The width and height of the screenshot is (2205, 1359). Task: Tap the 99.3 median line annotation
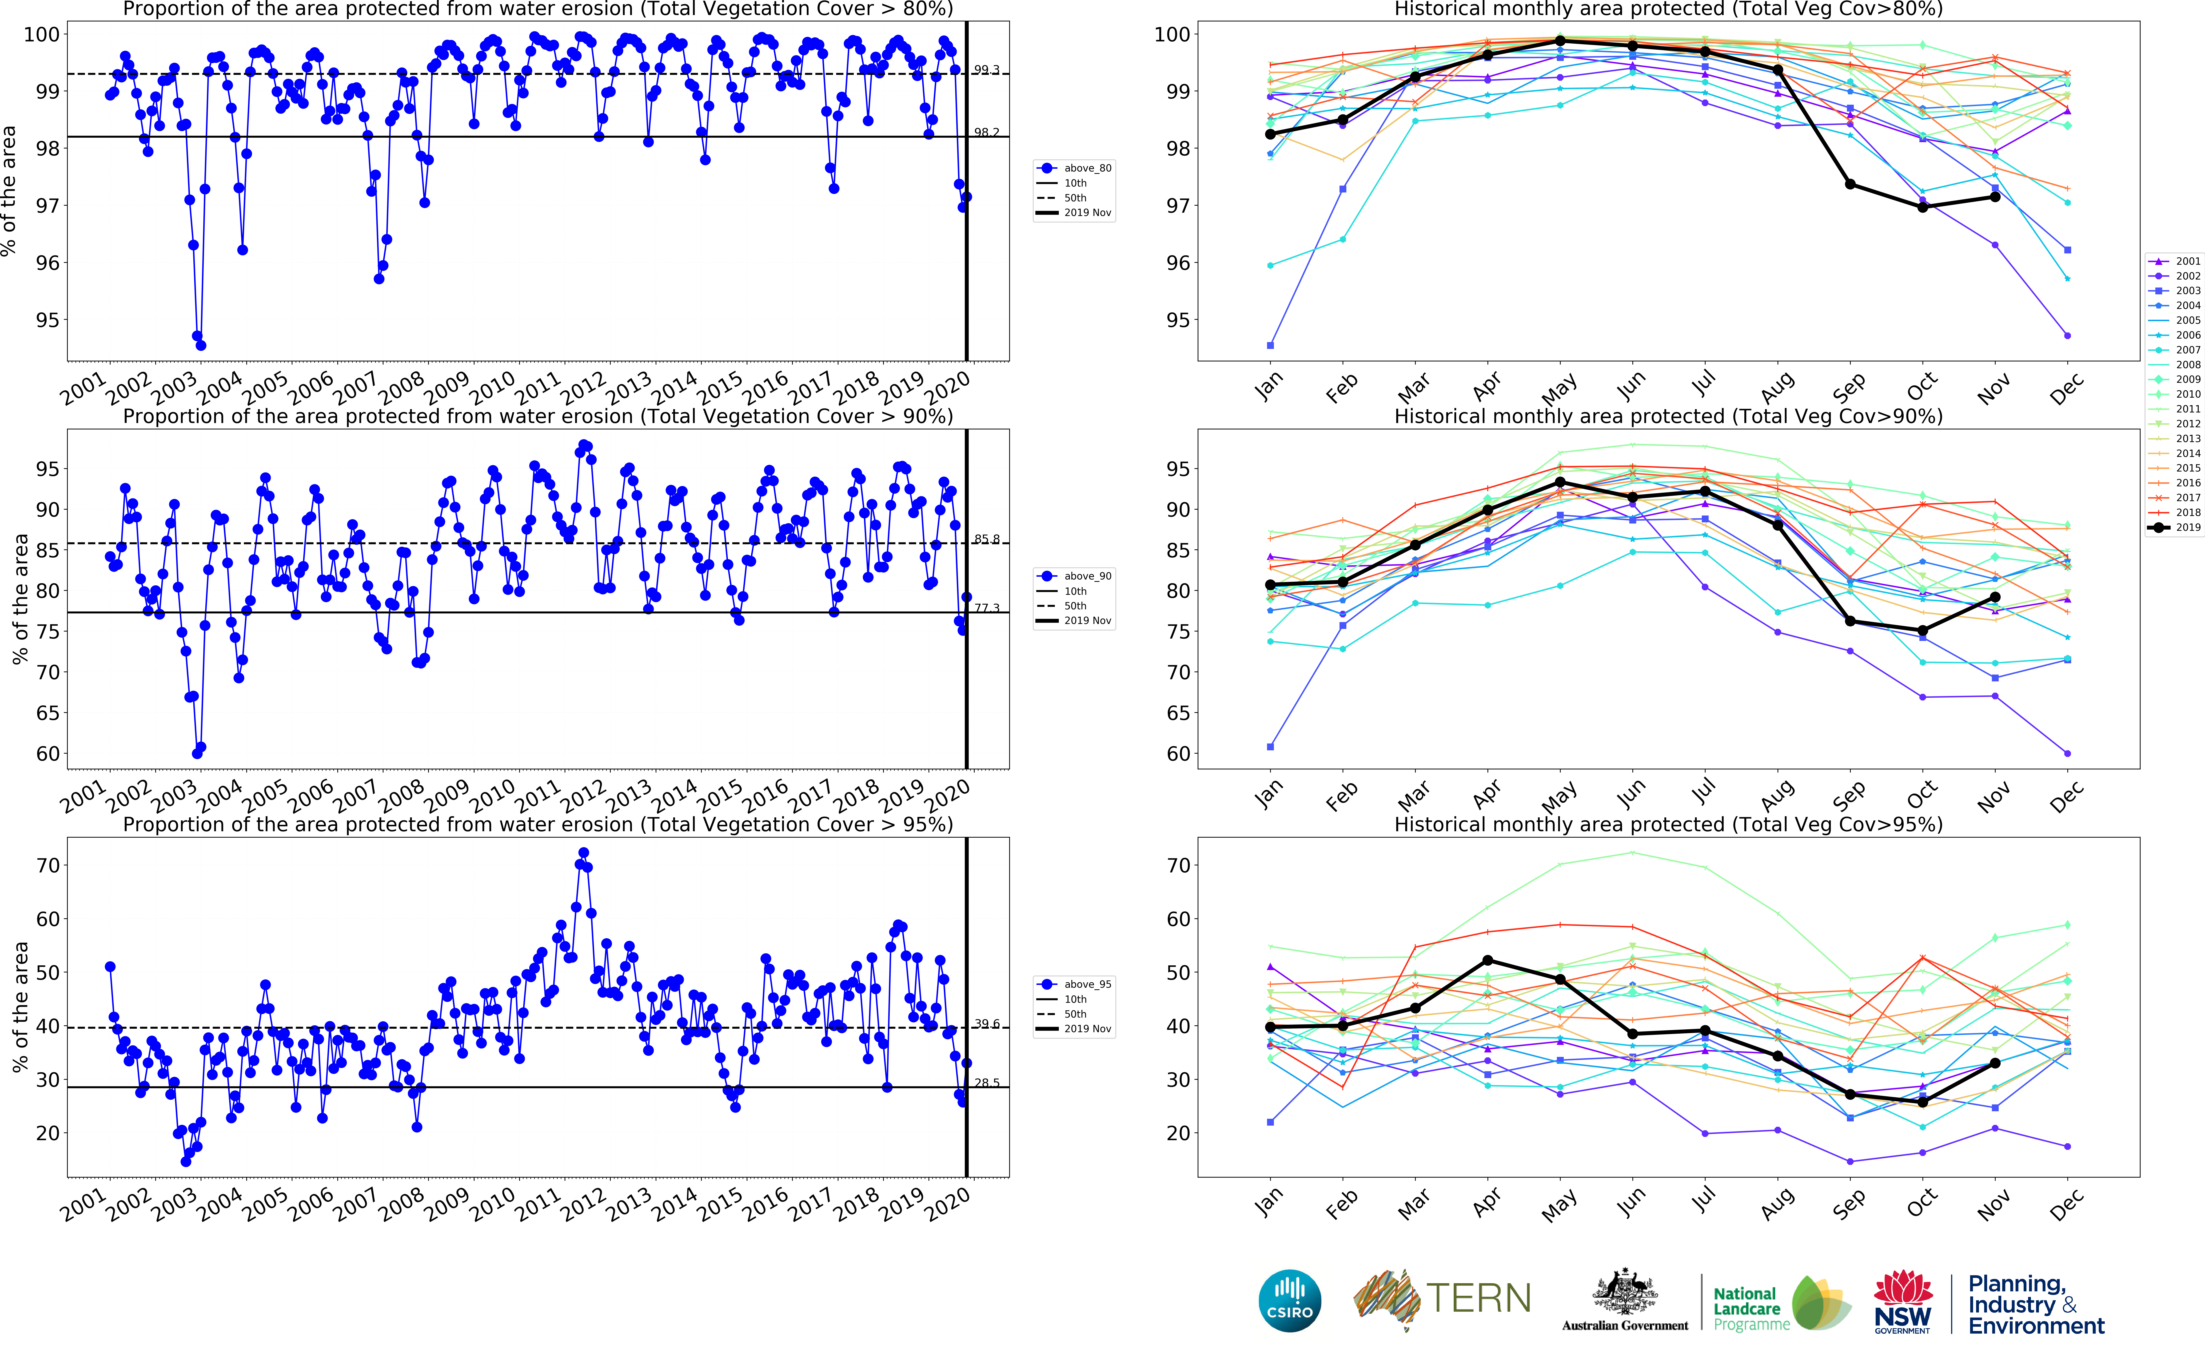987,70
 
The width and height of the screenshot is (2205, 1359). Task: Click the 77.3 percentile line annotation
987,608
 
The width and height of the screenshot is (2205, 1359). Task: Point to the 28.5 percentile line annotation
987,1083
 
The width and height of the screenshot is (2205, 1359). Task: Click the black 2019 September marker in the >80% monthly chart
1850,184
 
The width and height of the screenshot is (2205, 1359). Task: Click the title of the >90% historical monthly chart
1668,416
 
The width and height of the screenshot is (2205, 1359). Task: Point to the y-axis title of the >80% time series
9,191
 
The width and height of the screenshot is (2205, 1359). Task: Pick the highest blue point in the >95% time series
583,853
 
